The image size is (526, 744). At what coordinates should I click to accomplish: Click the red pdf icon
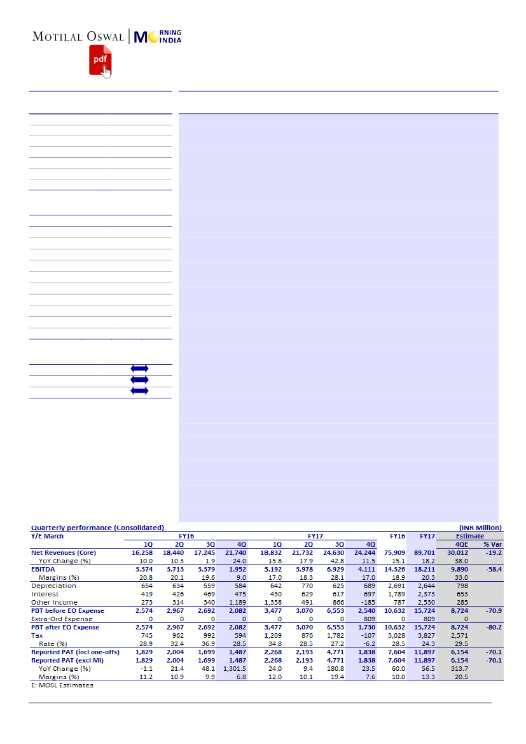(99, 60)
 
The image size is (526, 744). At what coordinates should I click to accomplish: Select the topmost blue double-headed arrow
(139, 368)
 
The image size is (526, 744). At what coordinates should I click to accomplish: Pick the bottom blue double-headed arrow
(139, 390)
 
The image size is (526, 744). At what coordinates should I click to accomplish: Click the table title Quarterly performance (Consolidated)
(97, 528)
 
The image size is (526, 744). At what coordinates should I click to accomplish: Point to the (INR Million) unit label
(480, 528)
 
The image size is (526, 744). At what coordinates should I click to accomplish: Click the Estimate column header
(469, 536)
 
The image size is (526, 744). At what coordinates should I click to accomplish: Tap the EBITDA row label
(44, 569)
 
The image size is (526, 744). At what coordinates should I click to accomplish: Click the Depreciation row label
(53, 586)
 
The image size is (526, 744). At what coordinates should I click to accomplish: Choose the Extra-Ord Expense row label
(62, 619)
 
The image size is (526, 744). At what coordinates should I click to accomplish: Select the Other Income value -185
(367, 602)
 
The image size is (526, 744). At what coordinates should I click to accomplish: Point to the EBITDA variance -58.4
(492, 569)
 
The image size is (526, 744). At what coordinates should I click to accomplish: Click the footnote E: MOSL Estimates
(62, 685)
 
